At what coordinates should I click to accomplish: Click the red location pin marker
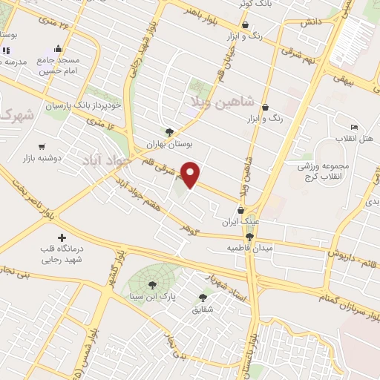pyautogui.click(x=191, y=174)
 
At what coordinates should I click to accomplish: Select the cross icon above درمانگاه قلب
pyautogui.click(x=62, y=237)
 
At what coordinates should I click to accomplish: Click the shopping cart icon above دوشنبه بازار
pyautogui.click(x=42, y=147)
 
